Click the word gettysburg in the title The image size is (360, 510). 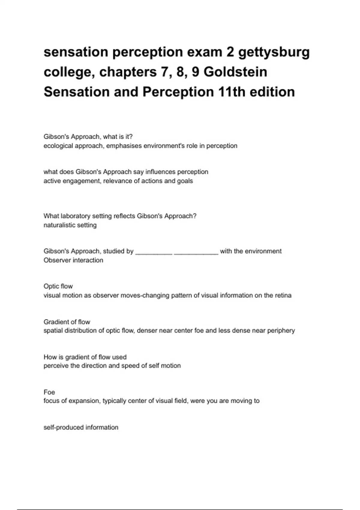point(274,52)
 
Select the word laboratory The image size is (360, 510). point(75,216)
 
